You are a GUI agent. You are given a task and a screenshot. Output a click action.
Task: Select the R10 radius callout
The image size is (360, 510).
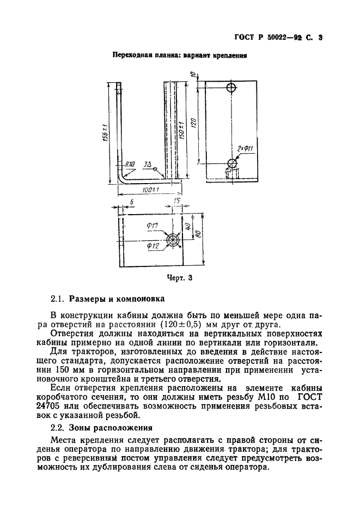pos(130,163)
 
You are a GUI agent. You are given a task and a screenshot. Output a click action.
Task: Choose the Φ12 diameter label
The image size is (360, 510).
pos(152,246)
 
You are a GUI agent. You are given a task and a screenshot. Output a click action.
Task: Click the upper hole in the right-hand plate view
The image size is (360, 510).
pos(231,87)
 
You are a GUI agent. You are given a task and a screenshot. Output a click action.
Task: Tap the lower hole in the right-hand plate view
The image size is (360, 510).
pos(233,162)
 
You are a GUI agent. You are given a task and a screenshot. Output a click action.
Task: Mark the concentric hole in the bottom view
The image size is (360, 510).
pos(174,240)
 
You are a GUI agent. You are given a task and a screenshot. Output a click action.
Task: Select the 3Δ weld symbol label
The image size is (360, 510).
pos(147,163)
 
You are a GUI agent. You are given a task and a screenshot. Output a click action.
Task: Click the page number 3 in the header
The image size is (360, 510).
pos(320,38)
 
